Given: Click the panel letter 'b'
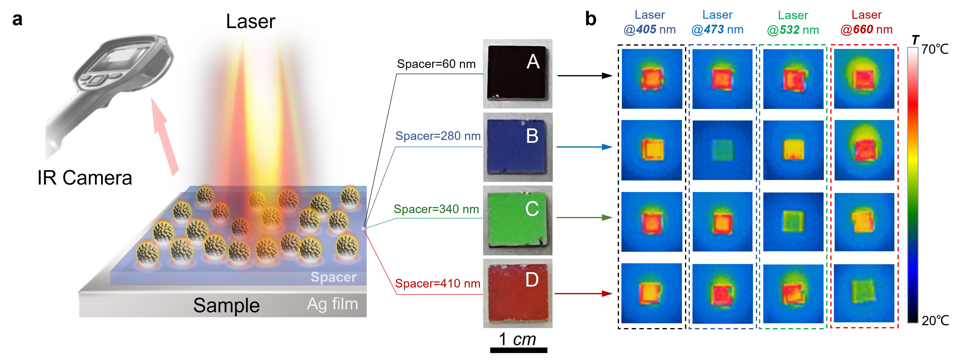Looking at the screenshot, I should (x=590, y=19).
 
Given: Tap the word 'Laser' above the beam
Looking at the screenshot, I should (x=251, y=22).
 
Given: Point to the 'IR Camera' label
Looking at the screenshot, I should (x=85, y=178).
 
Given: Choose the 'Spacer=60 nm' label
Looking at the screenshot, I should (x=436, y=64).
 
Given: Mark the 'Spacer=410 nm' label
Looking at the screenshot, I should (x=437, y=283).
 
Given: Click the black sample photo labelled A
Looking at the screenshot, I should (x=517, y=73).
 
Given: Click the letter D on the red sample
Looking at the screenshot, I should (x=532, y=280).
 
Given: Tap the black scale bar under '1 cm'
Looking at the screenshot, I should (x=518, y=350).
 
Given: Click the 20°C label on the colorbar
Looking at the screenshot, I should (x=935, y=320).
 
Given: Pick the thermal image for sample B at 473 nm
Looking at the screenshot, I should (x=722, y=150).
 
